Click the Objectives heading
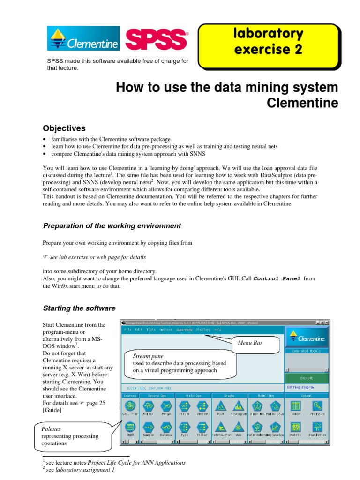point(64,128)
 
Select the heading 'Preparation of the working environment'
point(112,226)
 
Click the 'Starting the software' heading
point(79,308)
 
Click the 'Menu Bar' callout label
point(250,344)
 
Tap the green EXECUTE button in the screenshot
point(307,377)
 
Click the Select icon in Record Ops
point(148,406)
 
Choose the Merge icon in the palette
point(166,406)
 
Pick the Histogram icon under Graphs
point(239,406)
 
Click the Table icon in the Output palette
point(295,406)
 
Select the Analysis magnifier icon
point(317,406)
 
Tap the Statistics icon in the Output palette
point(317,427)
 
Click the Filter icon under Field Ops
point(184,406)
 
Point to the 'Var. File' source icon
point(130,406)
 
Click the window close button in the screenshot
point(326,323)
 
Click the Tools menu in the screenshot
point(151,330)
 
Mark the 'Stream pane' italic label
point(143,356)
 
